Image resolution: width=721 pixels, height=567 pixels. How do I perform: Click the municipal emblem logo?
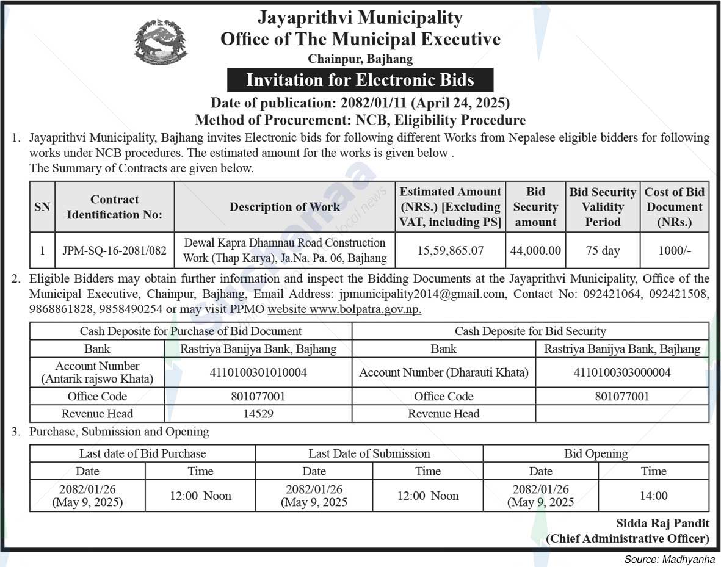tap(161, 42)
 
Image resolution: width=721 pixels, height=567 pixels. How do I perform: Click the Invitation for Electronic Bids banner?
tap(360, 80)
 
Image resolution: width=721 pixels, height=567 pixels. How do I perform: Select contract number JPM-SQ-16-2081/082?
tap(114, 250)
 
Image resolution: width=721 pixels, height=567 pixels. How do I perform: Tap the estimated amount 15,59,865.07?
tap(451, 250)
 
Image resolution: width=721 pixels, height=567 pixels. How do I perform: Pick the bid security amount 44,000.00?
tap(535, 250)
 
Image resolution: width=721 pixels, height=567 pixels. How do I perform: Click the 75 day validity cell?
tap(603, 250)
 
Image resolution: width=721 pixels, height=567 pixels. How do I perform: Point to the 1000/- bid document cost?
tap(675, 250)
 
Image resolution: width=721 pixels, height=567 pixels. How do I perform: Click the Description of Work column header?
tap(284, 207)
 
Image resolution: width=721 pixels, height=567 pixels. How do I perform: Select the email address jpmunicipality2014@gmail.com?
tap(422, 294)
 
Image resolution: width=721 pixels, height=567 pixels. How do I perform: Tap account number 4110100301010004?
tap(258, 372)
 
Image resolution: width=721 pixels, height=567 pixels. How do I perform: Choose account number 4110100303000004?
tap(621, 372)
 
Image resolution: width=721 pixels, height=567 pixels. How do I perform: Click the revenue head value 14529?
tap(258, 414)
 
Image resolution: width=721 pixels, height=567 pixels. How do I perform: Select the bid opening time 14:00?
tap(653, 496)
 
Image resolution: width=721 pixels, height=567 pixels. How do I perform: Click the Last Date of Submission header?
tap(369, 453)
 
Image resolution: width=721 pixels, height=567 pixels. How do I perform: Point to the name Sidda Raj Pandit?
tap(662, 524)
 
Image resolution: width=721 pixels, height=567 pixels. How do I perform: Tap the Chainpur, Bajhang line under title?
tap(360, 59)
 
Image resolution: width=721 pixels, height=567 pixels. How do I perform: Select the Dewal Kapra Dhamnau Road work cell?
tap(284, 250)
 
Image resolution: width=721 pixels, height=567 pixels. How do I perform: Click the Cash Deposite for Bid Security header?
tap(530, 331)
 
